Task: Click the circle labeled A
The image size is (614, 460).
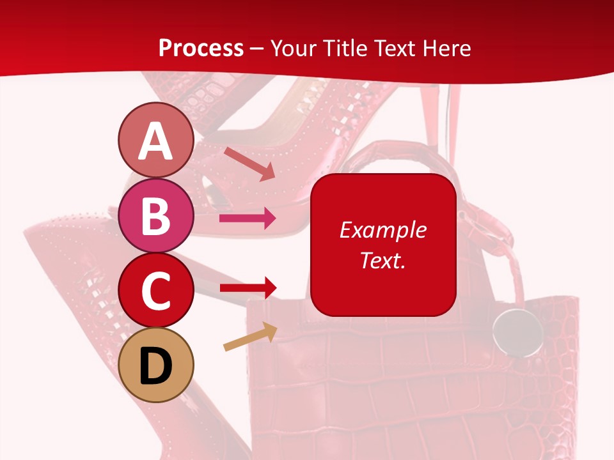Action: point(156,140)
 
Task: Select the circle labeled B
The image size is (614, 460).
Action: point(156,215)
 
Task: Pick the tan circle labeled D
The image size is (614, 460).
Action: point(156,365)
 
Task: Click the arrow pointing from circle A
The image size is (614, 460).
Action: point(249,164)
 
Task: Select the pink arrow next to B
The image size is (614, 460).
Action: point(248,219)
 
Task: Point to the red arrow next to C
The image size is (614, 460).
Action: point(248,288)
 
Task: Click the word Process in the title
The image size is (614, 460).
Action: point(201,48)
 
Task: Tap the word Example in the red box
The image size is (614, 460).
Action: point(383,230)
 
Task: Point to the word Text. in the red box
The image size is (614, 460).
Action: point(383,260)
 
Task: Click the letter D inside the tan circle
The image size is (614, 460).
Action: point(156,366)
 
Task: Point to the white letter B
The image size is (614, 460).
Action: point(156,216)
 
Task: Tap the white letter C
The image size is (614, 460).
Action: point(156,290)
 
